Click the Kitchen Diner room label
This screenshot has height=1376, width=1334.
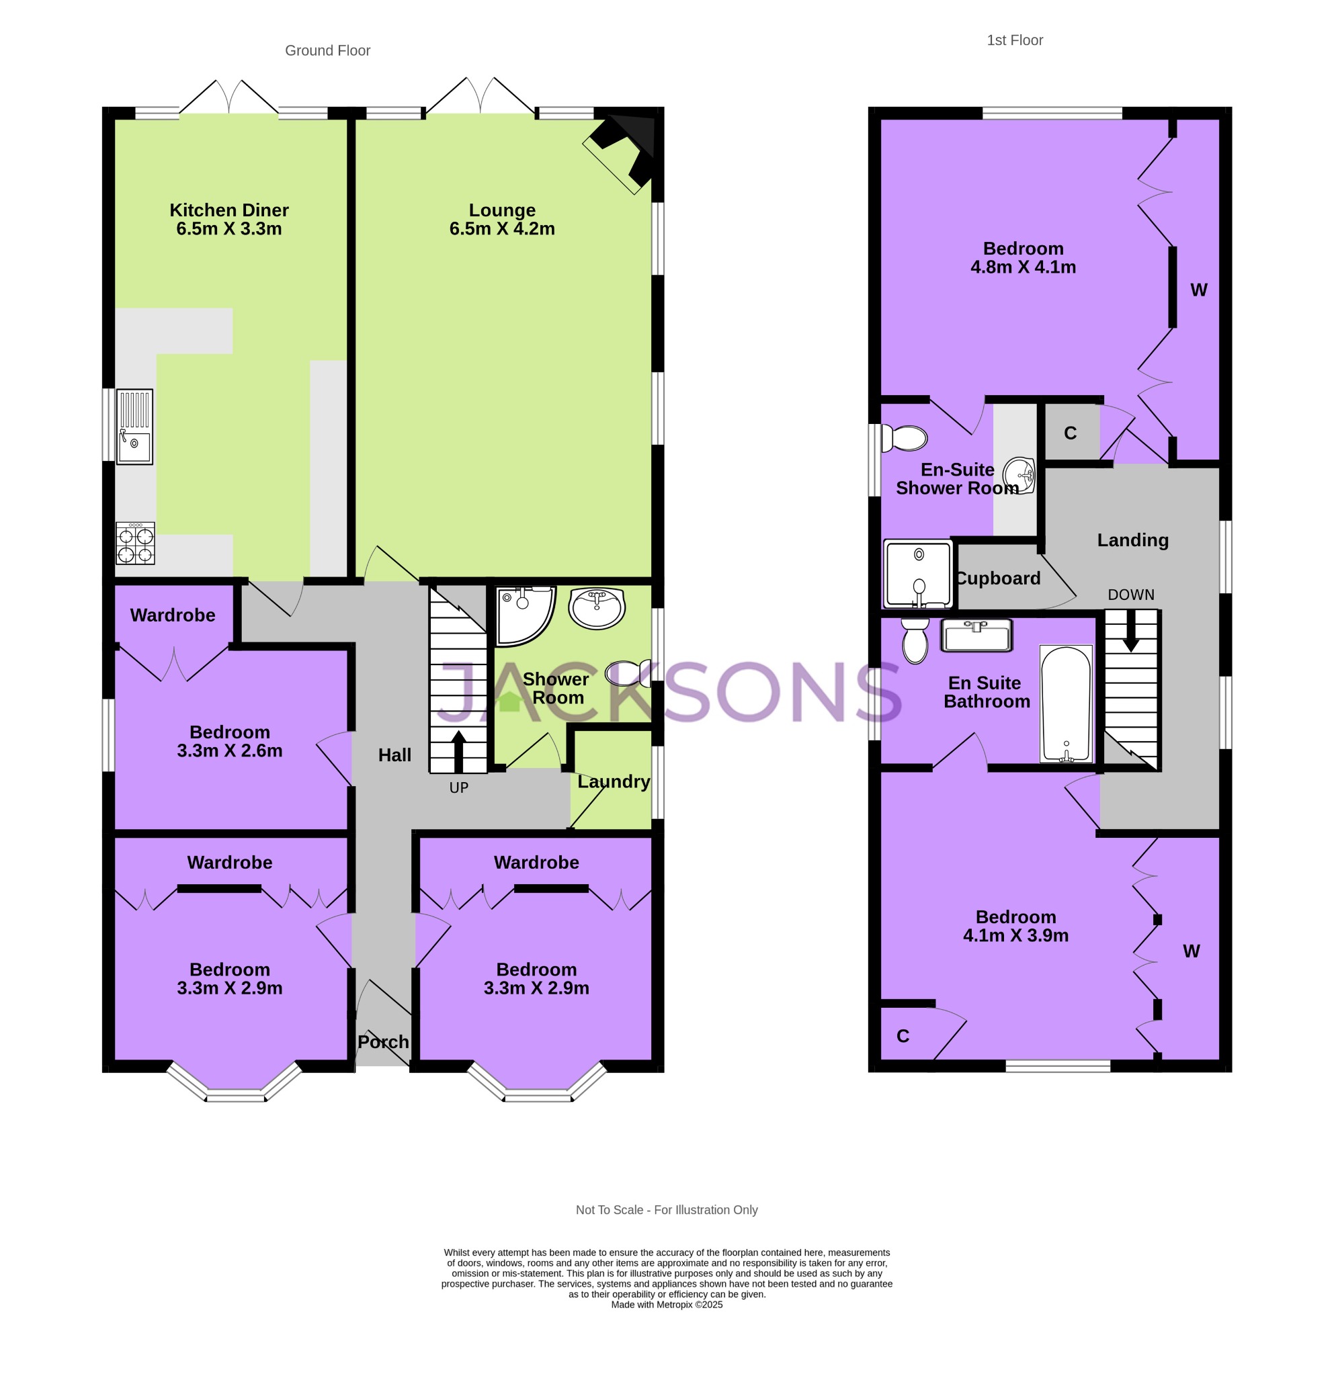click(229, 210)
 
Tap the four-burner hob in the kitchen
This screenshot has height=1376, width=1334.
click(136, 544)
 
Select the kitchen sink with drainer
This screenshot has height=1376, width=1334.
click(134, 427)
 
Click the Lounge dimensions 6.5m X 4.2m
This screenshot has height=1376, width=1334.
click(502, 229)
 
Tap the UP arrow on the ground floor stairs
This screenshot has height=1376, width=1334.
click(458, 751)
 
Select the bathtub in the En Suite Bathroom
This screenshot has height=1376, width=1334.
click(1066, 703)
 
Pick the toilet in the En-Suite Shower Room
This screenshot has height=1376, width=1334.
click(905, 438)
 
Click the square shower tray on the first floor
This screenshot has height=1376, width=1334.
click(917, 574)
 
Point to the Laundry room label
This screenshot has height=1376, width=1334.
click(614, 781)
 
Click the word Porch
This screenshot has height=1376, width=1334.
click(382, 1042)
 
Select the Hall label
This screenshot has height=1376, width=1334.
click(394, 755)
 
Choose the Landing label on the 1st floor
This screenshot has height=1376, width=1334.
click(1132, 540)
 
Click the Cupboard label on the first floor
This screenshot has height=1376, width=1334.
click(998, 578)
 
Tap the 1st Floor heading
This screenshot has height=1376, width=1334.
click(1015, 41)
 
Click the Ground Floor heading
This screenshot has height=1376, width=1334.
click(327, 50)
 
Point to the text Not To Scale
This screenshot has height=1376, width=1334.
click(608, 1209)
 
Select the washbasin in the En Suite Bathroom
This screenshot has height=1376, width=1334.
click(976, 636)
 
